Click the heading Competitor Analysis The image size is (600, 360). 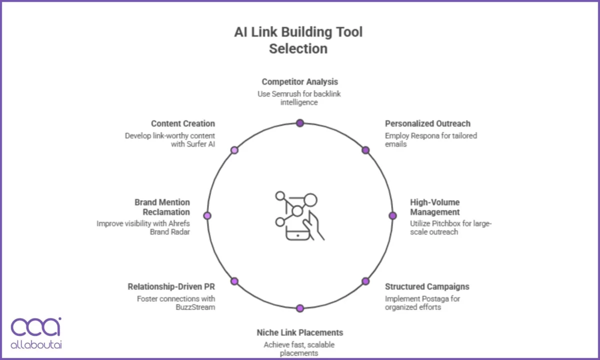click(x=299, y=81)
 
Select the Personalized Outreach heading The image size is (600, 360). click(x=427, y=123)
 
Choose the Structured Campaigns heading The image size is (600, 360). click(x=427, y=286)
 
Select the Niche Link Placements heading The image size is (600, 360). click(x=299, y=332)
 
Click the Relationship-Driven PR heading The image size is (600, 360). click(x=171, y=286)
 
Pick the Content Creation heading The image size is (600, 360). click(x=182, y=123)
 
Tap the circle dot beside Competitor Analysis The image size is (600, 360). click(x=300, y=123)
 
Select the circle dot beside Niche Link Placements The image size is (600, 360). click(x=300, y=308)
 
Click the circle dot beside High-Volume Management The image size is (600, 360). click(x=392, y=215)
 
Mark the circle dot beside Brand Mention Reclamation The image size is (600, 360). click(x=207, y=215)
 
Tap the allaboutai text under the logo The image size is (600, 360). click(x=36, y=344)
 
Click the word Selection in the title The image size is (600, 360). click(x=298, y=48)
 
